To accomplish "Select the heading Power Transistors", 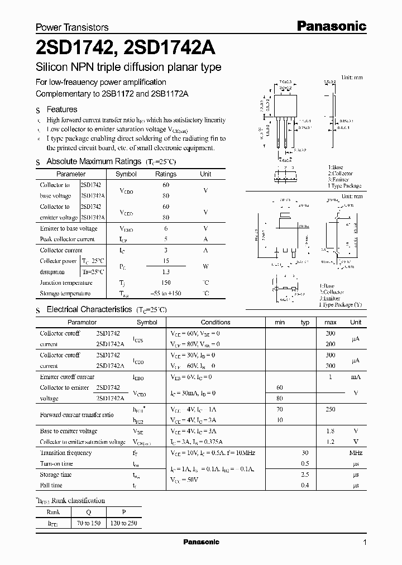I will [72, 27].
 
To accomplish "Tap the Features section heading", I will [61, 109].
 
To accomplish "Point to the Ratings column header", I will [166, 174].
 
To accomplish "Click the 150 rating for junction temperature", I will [166, 282].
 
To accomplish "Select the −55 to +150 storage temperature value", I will [166, 294].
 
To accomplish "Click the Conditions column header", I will [216, 322].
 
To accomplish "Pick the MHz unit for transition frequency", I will [356, 453].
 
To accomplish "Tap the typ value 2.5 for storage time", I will [305, 475].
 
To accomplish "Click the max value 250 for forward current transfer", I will [330, 409].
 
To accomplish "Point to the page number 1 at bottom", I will [365, 543].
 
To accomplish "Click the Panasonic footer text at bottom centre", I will [201, 542].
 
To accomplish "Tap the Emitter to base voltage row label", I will [69, 228].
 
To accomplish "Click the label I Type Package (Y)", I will [341, 304].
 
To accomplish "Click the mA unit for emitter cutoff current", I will [356, 377].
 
